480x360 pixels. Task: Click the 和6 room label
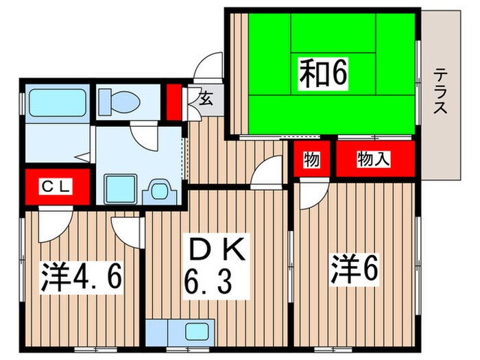coord(321,74)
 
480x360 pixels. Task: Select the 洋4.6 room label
coord(81,275)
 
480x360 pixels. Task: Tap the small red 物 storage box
coord(312,160)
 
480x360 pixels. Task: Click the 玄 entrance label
coord(205,97)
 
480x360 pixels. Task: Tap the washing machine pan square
coord(121,187)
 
